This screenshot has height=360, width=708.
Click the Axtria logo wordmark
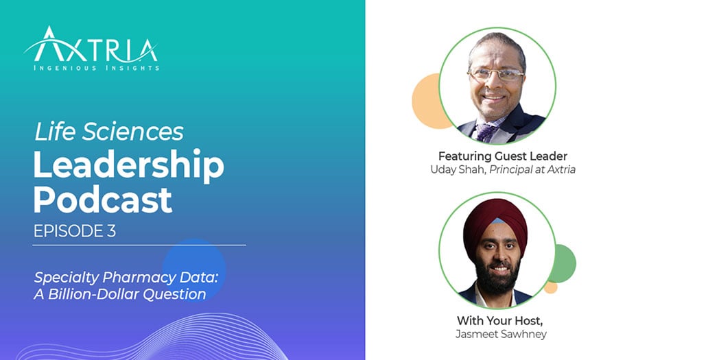coord(91,48)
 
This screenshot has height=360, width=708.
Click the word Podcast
coord(103,200)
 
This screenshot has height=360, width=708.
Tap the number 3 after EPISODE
coord(111,232)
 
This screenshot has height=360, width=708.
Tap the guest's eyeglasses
coord(495,74)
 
